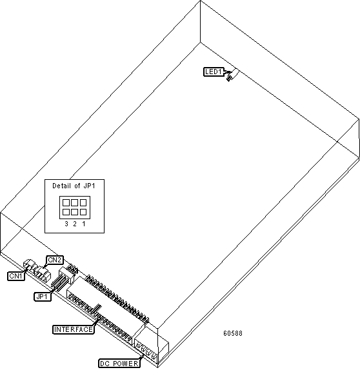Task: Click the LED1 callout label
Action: pos(214,72)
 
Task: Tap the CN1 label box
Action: pos(16,276)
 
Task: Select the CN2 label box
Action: pos(55,260)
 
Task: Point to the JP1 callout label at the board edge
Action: pos(43,297)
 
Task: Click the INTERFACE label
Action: pos(74,329)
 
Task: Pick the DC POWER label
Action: pos(119,364)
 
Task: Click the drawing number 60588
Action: pos(233,333)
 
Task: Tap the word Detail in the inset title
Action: pos(61,186)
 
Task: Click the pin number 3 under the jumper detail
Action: pos(66,224)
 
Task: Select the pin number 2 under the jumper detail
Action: pos(75,224)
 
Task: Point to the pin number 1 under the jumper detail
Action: pos(83,224)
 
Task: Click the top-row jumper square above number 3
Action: pos(66,202)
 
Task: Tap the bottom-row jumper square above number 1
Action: pos(83,212)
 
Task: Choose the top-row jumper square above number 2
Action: pos(74,202)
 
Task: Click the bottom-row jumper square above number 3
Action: pos(66,212)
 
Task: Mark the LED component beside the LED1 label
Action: pos(233,75)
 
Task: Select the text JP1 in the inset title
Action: pos(89,186)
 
